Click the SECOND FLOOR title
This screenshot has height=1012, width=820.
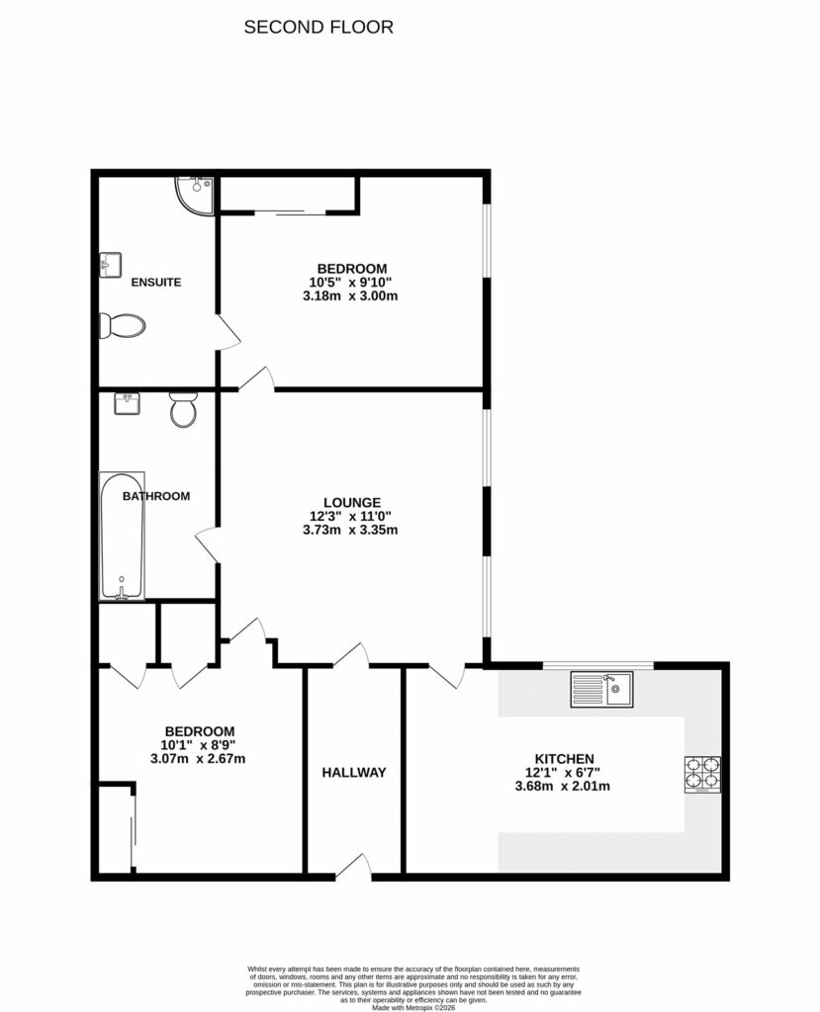click(319, 28)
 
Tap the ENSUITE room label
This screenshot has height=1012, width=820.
click(156, 283)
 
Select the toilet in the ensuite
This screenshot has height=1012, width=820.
click(123, 325)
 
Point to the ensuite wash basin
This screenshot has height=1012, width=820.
click(110, 264)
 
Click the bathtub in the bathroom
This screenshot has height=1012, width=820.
click(122, 536)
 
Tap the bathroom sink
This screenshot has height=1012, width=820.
click(126, 403)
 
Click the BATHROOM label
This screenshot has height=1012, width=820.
click(156, 496)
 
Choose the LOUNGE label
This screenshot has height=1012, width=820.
click(351, 502)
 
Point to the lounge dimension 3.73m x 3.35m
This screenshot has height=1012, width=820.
click(351, 530)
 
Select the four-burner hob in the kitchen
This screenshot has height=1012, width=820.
click(702, 774)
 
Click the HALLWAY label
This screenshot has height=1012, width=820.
click(354, 773)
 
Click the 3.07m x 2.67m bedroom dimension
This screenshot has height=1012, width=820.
click(198, 759)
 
